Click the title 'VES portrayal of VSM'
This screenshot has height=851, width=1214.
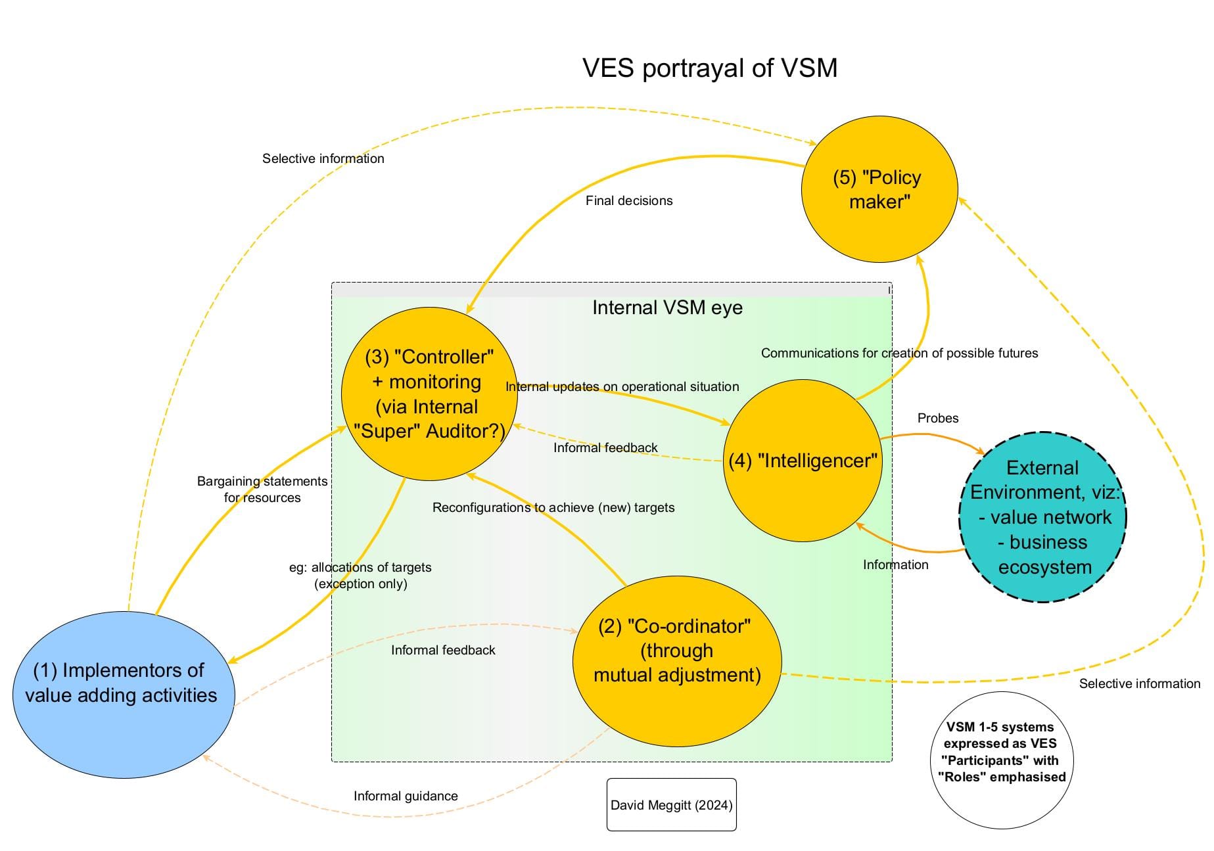[x=710, y=68]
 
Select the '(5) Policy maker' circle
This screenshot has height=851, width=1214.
[x=879, y=190]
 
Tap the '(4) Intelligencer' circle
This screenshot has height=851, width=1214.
[x=803, y=461]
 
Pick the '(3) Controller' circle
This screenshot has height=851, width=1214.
[x=429, y=394]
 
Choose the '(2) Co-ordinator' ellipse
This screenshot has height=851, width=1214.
[x=677, y=661]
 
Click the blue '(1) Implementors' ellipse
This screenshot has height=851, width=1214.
[x=123, y=695]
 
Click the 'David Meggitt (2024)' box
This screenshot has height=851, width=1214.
[x=671, y=805]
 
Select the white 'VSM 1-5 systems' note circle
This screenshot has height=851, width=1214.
[x=1000, y=760]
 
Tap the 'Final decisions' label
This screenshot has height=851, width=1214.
[x=629, y=201]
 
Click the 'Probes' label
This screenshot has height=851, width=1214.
[x=938, y=419]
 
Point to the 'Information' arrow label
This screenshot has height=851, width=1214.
[x=895, y=565]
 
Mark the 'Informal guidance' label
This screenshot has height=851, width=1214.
[x=406, y=796]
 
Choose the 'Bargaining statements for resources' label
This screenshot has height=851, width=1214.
[x=262, y=490]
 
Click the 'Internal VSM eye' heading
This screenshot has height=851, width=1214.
[x=667, y=308]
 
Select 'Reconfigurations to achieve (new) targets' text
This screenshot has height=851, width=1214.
[x=553, y=508]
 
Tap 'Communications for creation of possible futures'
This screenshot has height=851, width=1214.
[x=899, y=354]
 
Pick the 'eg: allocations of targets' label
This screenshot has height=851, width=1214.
[x=360, y=576]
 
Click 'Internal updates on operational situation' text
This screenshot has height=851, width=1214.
[x=622, y=387]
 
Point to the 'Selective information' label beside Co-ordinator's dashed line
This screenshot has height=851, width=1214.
[x=1139, y=684]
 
